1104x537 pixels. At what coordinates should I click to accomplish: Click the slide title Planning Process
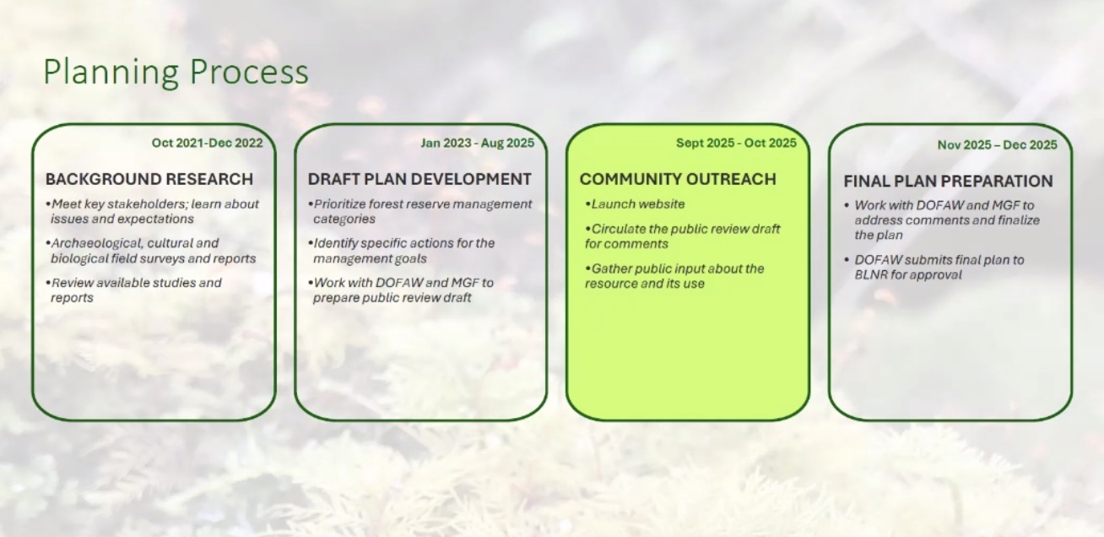point(176,73)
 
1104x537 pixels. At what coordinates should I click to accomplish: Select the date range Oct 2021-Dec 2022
point(207,143)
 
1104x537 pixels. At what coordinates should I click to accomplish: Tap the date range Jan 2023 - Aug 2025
point(477,143)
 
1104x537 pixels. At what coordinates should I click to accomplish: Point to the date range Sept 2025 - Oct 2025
point(736,143)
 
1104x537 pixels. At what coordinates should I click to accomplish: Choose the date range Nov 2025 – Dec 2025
point(997,145)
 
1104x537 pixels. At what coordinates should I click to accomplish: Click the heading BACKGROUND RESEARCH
point(149,179)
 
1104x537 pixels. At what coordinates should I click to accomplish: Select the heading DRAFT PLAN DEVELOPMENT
point(419,179)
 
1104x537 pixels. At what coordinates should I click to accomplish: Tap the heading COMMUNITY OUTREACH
point(678,179)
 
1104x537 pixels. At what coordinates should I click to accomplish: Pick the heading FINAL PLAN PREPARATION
point(948,181)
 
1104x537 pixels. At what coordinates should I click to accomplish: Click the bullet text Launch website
point(638,204)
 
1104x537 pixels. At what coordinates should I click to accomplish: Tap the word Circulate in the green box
point(618,230)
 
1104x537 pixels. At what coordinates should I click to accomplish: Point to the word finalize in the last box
point(1019,220)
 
